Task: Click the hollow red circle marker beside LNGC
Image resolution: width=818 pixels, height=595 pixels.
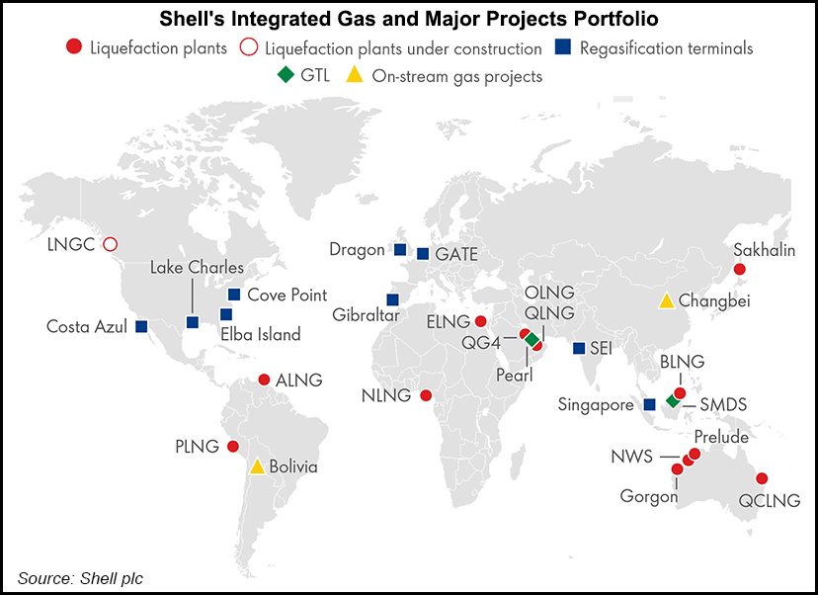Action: click(x=111, y=244)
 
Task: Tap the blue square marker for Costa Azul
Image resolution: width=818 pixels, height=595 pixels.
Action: click(x=141, y=326)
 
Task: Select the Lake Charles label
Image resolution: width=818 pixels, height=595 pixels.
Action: click(x=197, y=268)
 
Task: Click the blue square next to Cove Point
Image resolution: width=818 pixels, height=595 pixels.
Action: click(x=234, y=295)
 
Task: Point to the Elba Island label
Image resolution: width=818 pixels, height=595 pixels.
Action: click(x=260, y=335)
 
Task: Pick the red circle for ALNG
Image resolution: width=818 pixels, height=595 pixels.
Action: click(x=264, y=380)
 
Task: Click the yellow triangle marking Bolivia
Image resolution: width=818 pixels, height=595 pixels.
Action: click(x=257, y=467)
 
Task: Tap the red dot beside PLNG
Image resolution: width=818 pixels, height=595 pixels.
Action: click(x=233, y=447)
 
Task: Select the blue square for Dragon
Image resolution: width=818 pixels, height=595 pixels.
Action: click(x=400, y=249)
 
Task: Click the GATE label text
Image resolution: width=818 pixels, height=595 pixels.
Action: click(x=456, y=255)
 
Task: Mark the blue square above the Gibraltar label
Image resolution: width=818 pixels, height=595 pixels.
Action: click(x=392, y=299)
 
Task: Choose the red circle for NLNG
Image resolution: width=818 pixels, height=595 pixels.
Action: click(x=426, y=395)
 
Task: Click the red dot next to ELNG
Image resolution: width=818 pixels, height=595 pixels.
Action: click(x=480, y=321)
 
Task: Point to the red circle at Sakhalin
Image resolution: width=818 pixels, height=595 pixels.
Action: click(x=739, y=270)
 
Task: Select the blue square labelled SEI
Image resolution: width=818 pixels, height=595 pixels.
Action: click(x=578, y=348)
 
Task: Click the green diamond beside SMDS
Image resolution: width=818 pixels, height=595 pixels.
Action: click(x=672, y=401)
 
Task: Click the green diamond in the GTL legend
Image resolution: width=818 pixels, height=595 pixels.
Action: click(x=285, y=76)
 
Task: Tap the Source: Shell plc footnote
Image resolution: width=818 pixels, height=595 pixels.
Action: click(x=79, y=577)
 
